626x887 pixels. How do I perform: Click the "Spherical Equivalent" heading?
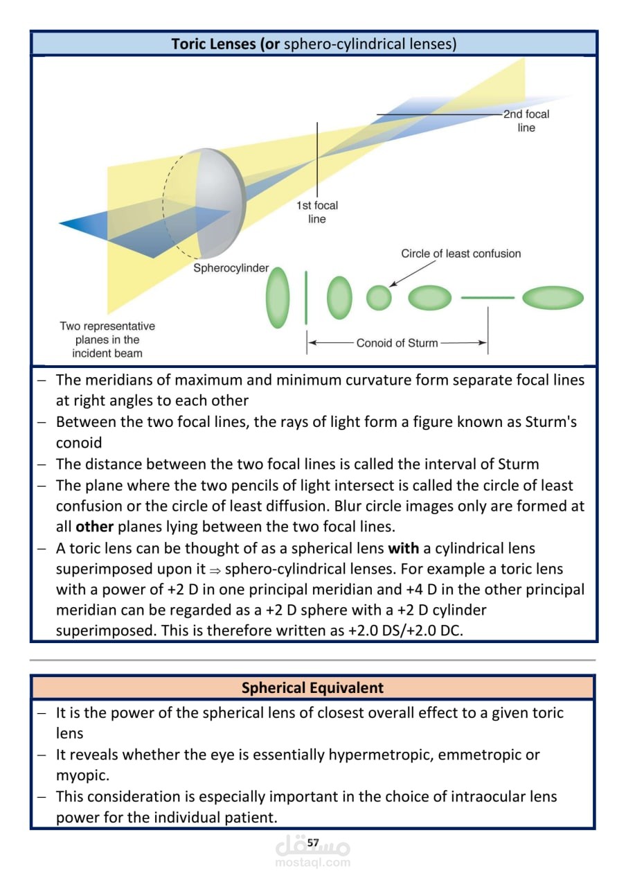(312, 688)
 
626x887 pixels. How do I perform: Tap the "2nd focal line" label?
(526, 121)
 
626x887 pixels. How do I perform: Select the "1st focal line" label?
(317, 212)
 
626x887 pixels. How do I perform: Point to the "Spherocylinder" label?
(231, 268)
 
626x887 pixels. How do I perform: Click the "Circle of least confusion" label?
(460, 254)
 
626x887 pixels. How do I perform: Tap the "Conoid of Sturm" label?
(397, 343)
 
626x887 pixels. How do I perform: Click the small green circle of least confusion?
(379, 297)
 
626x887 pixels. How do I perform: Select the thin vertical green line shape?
(305, 298)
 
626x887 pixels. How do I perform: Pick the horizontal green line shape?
(488, 298)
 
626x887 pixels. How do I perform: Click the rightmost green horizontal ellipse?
(553, 298)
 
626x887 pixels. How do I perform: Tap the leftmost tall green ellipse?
(278, 298)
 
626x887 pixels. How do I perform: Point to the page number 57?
(313, 843)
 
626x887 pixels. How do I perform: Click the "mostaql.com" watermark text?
(313, 863)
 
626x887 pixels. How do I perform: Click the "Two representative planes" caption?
(107, 340)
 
